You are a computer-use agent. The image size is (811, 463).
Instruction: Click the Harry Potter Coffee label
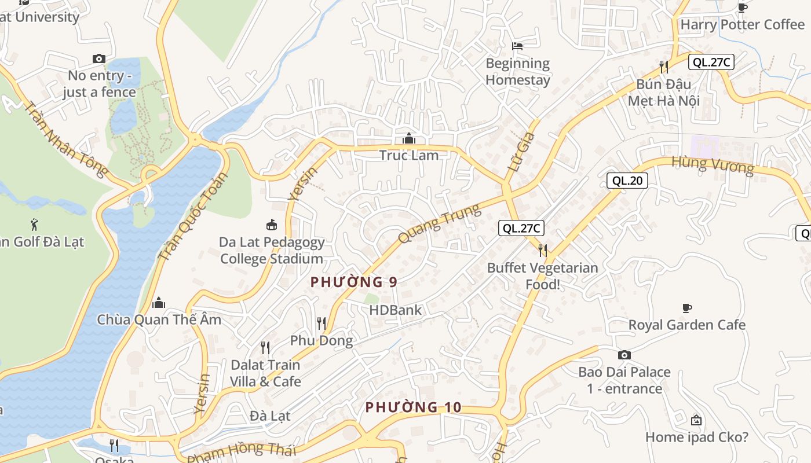(742, 25)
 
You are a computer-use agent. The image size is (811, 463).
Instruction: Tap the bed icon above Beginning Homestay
(517, 46)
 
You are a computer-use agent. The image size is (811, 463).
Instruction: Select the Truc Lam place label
(409, 155)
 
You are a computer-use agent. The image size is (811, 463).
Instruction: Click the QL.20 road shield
(627, 181)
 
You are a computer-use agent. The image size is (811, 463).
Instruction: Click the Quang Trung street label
(440, 223)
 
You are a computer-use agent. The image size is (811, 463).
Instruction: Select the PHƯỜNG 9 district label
(354, 282)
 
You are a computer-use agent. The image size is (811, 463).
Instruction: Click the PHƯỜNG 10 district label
(413, 407)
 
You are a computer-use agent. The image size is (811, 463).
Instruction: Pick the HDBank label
(396, 310)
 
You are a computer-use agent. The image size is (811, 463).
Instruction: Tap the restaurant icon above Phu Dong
(322, 323)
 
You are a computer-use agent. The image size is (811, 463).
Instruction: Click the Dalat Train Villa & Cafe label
(265, 373)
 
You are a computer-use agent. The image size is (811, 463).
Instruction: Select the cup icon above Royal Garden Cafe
(687, 308)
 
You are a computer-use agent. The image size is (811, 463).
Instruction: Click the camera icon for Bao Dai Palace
(624, 355)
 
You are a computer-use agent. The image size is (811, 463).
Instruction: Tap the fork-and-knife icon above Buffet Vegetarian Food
(542, 250)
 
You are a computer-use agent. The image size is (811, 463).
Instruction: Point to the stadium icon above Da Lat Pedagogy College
(271, 225)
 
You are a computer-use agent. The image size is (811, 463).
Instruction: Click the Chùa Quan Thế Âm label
(159, 319)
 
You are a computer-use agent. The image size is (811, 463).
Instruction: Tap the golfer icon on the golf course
(34, 224)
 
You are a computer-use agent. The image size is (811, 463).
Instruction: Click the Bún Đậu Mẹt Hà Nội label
(664, 93)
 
